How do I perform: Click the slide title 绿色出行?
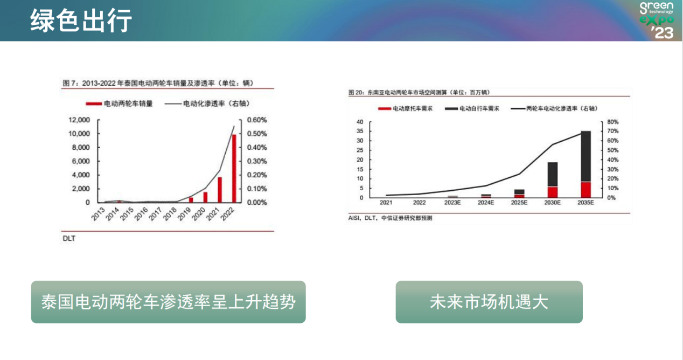pos(81,20)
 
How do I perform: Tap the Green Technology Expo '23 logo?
pos(657,20)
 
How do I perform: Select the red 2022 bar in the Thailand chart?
pos(234,168)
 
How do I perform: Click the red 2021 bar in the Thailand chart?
pos(220,190)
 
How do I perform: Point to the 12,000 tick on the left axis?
pos(79,120)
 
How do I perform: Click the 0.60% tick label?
pos(257,120)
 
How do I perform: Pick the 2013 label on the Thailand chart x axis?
pos(98,214)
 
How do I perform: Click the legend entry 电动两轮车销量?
pos(119,103)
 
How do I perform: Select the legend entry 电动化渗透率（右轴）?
pos(207,103)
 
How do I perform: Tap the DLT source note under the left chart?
pos(69,238)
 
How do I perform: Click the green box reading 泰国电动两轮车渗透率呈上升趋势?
pos(168,302)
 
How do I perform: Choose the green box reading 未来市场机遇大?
pos(489,302)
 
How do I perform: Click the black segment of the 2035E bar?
pos(586,156)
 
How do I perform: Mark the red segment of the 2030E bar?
pos(553,192)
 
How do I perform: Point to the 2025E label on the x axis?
pos(519,203)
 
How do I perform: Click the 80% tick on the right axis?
pos(612,122)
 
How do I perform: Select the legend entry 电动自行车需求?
pos(472,109)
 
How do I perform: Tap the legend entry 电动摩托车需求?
pos(405,109)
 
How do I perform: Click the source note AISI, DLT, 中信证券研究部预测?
pos(390,218)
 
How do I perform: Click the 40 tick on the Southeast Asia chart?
pos(360,122)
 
